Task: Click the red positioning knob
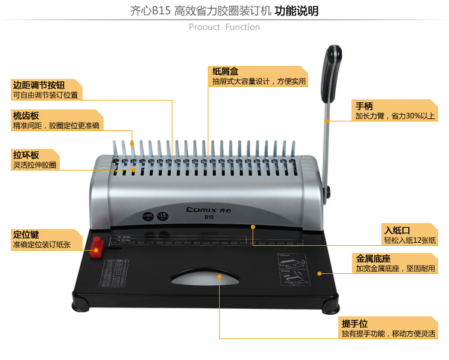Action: (x=96, y=246)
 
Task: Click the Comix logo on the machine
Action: (x=206, y=210)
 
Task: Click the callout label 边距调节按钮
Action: (x=39, y=85)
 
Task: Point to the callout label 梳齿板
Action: (x=26, y=115)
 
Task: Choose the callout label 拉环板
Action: (x=26, y=155)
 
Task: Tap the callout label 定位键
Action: (x=26, y=234)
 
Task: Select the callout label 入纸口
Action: (x=397, y=230)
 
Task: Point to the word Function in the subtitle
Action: (x=242, y=27)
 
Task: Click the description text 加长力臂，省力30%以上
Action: (x=395, y=116)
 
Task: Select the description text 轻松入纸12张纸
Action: (x=410, y=240)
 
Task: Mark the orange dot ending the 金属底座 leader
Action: (x=319, y=273)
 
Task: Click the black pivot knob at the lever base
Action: (x=328, y=191)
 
